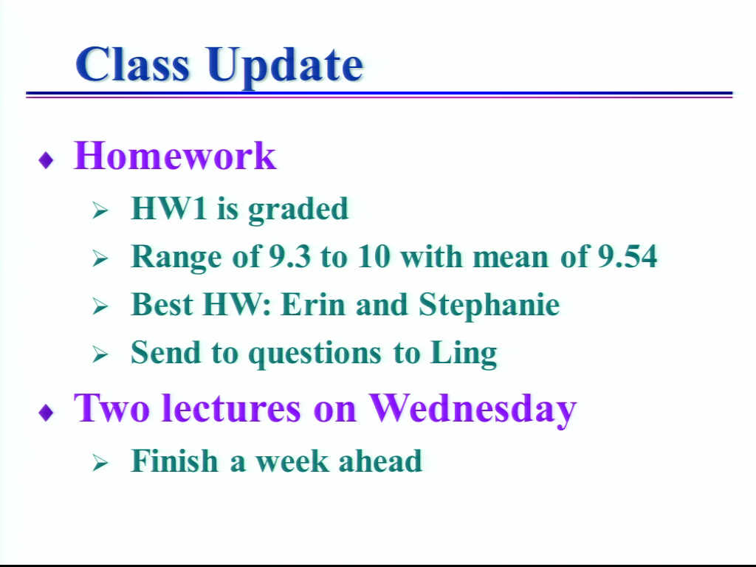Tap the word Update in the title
286,67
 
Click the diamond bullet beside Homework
46,160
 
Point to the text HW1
169,208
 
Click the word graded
298,210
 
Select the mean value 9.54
628,256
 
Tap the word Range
176,258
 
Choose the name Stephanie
489,306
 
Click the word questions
315,354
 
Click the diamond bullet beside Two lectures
46,413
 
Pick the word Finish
174,461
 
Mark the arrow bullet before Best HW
100,306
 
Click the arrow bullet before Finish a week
100,463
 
